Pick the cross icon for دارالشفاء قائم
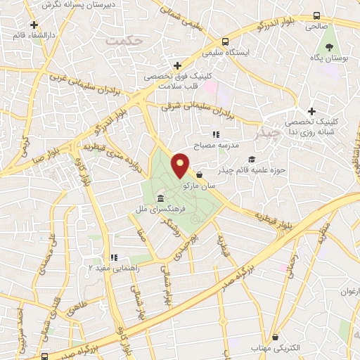(33, 25)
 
